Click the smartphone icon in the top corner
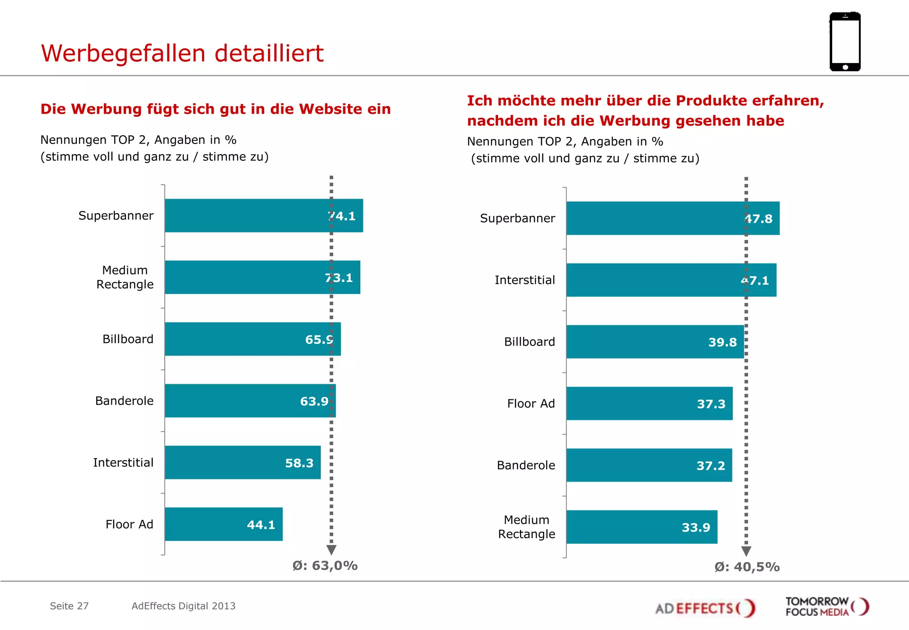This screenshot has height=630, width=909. pos(845,42)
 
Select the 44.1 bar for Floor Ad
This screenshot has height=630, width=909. pos(223,524)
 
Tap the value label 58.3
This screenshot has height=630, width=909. pos(299,463)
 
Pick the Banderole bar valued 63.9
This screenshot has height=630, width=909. pos(250,401)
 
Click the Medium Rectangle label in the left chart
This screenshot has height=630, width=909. pos(125,277)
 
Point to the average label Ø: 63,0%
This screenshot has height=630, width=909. pos(325,566)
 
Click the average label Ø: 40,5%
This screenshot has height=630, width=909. pos(747,567)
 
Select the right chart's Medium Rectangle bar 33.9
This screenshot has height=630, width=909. pos(641,527)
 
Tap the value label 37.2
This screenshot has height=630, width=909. pos(711,466)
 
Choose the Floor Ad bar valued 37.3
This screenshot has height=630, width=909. pos(649,403)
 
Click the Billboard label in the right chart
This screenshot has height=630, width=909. pos(530,342)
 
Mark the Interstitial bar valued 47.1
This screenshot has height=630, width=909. pos(671,280)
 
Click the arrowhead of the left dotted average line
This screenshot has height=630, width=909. pos(331,550)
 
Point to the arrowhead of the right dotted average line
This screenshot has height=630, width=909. pos(746,551)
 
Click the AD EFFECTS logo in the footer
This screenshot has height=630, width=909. pos(705,608)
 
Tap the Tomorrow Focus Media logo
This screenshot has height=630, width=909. pos(827,606)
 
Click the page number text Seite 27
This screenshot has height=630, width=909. pos(69,606)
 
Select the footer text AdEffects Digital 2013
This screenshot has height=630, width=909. pos(183,606)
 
